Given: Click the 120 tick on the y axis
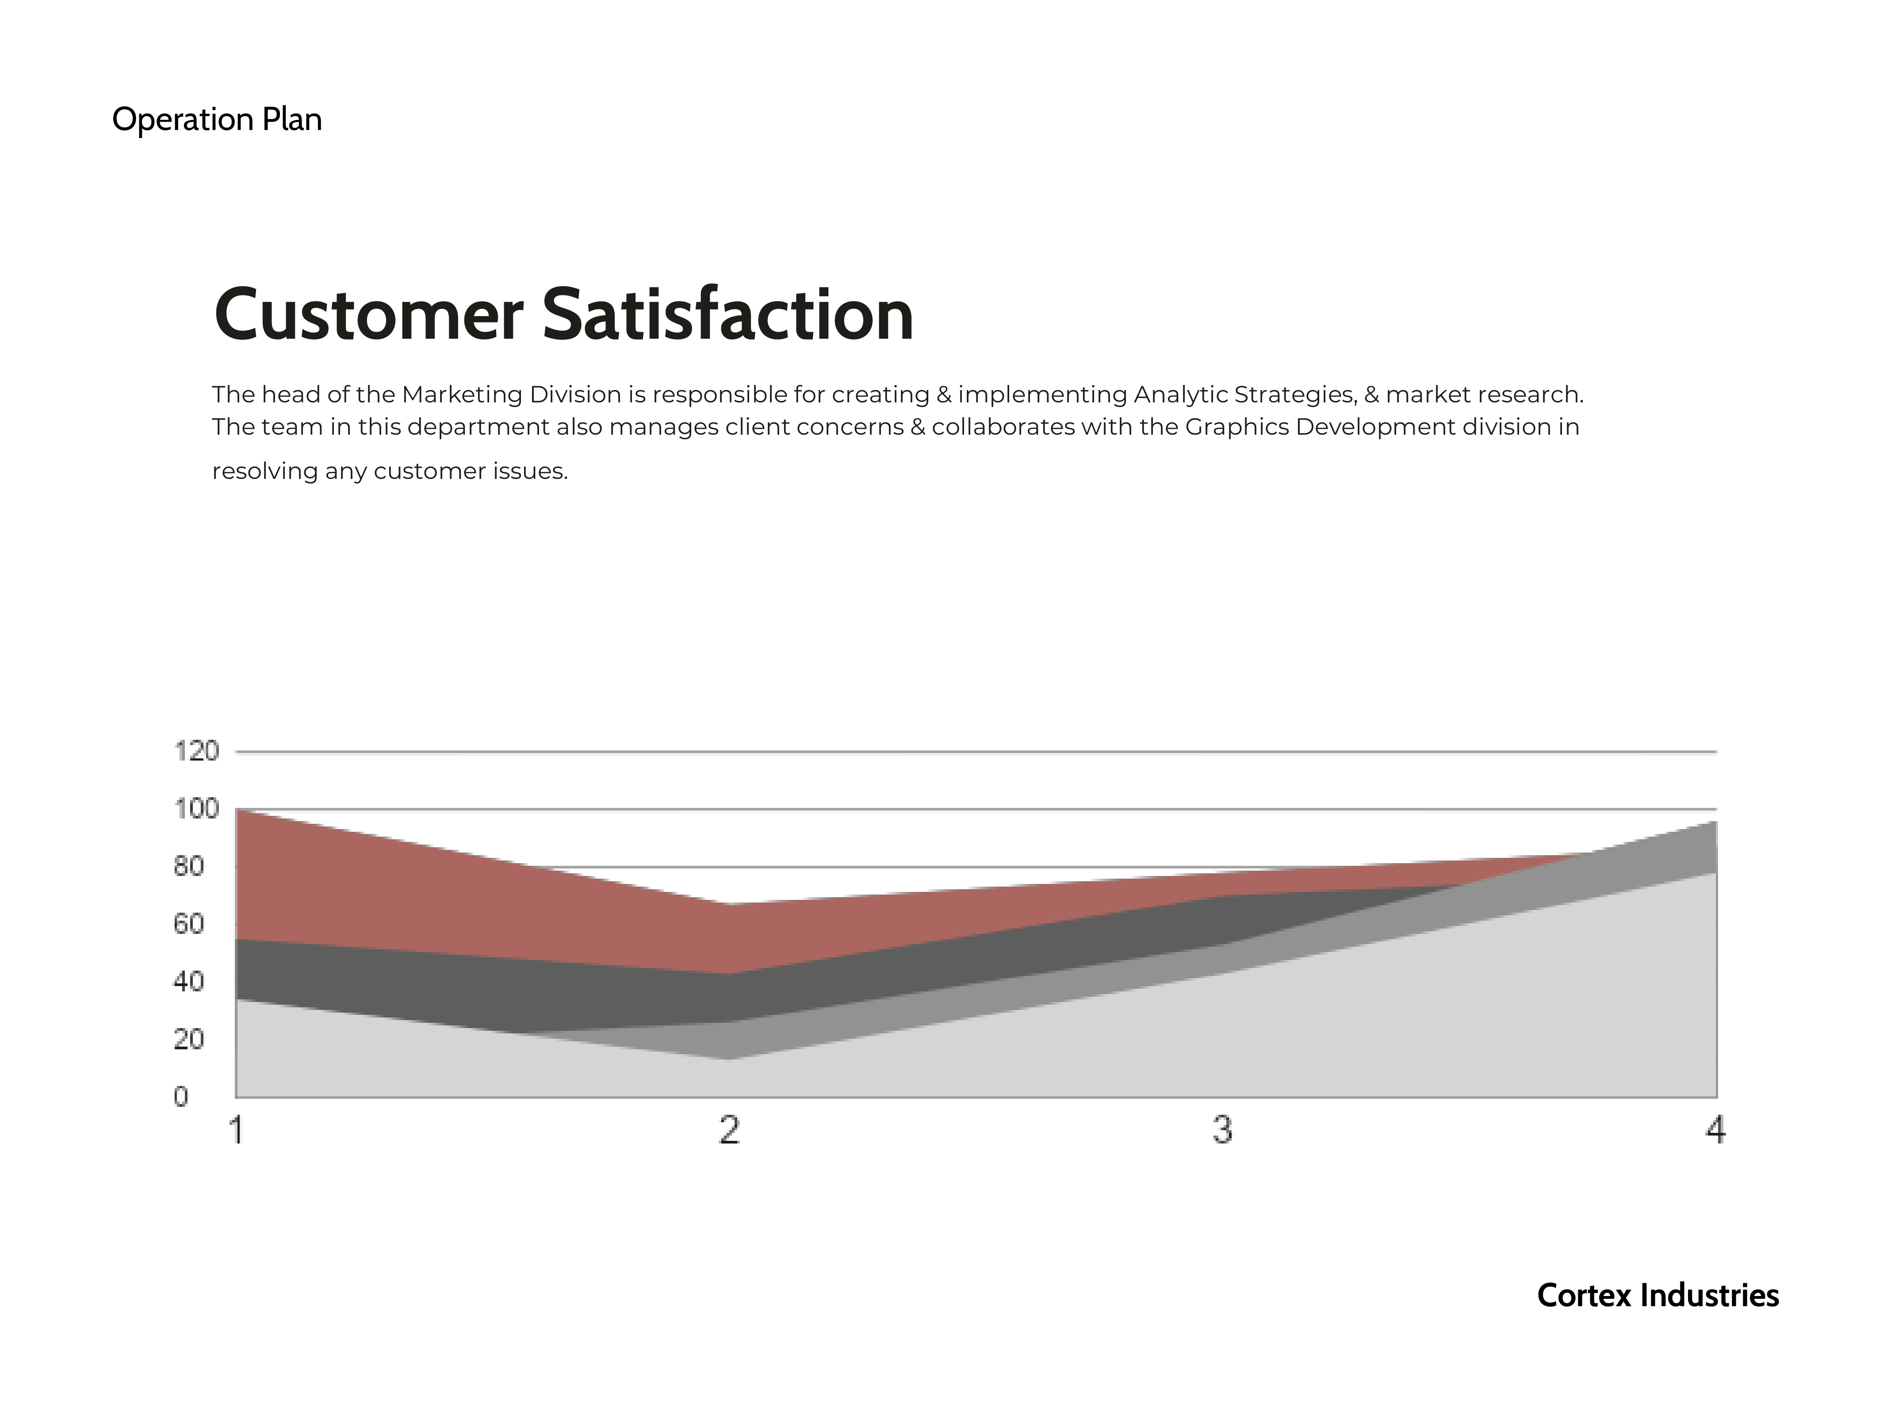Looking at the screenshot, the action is pos(196,751).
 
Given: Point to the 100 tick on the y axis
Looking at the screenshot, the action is pos(196,809).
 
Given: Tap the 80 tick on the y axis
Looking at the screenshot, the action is pos(188,867).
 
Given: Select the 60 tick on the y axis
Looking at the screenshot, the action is pos(188,924).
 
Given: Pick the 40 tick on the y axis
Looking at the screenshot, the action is pos(188,982).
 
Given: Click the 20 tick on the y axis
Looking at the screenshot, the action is pos(188,1039).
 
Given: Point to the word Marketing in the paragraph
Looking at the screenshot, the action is pos(462,395).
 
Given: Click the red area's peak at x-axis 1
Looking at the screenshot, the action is pos(236,809).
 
